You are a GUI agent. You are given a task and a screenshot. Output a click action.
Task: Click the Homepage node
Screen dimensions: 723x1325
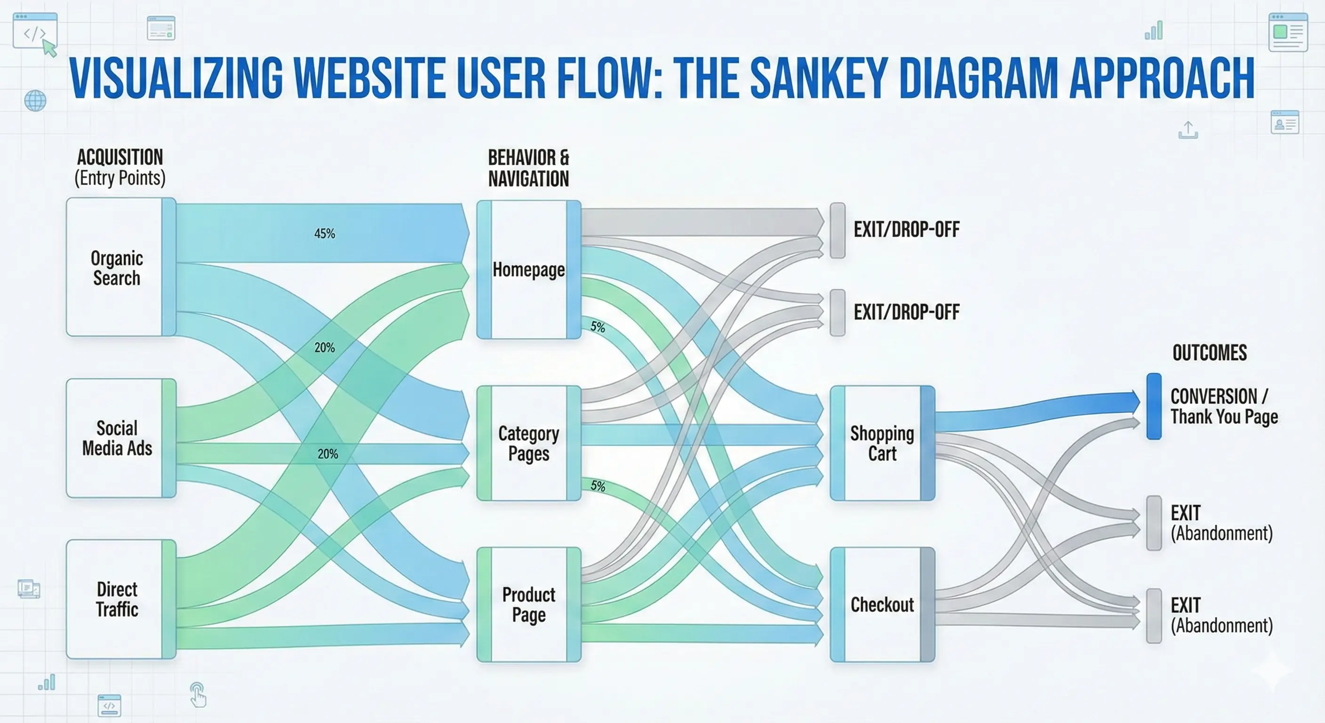529,270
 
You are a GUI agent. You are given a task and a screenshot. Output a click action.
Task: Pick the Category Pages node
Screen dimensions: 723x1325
529,443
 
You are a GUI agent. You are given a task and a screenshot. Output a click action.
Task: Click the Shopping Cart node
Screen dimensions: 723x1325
882,443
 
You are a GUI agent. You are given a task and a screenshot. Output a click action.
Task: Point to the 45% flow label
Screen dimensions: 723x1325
325,233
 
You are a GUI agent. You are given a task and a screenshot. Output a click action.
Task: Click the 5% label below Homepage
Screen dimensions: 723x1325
598,327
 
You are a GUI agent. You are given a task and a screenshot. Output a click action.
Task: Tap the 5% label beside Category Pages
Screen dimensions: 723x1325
598,486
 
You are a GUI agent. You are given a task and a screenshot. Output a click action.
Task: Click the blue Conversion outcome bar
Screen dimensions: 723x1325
1154,406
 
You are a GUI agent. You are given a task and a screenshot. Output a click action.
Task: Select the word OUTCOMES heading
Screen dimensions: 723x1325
1209,353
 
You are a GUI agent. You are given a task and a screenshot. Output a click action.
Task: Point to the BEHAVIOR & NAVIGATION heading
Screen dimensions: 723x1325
528,168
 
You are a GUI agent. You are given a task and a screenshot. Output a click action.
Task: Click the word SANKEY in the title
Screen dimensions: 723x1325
818,78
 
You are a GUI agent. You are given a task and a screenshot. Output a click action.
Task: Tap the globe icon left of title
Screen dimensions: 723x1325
35,100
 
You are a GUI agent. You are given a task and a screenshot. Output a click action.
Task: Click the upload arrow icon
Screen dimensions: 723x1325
1188,130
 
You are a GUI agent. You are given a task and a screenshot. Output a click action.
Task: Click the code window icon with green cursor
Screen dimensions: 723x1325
35,33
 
